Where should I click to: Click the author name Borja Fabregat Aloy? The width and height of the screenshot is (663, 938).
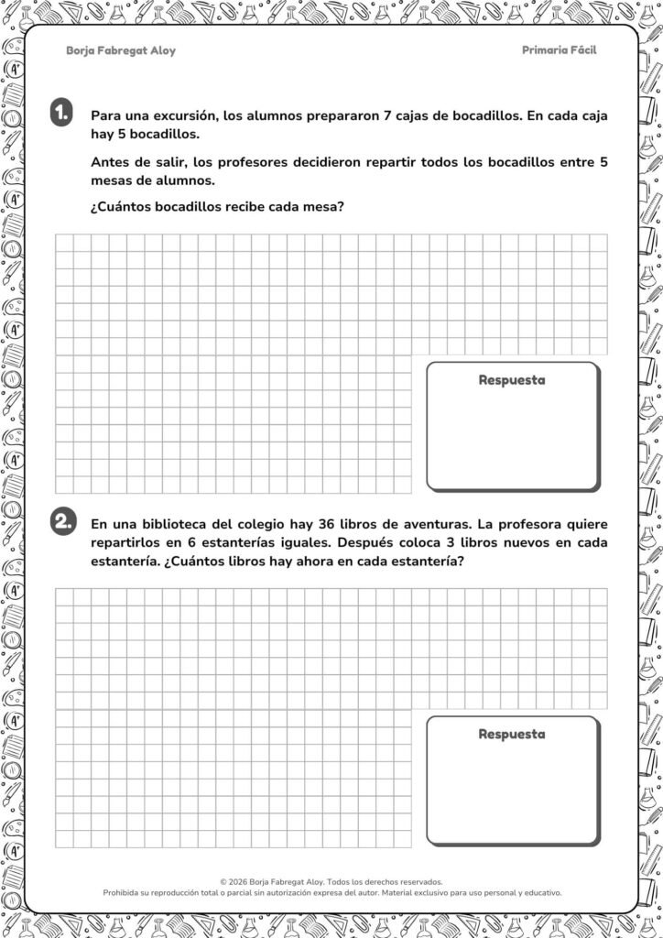pyautogui.click(x=121, y=51)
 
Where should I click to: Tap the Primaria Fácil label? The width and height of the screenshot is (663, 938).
pyautogui.click(x=559, y=50)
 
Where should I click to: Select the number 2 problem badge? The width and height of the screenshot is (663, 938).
pyautogui.click(x=62, y=521)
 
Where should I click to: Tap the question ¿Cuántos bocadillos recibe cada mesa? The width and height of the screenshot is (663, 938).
pyautogui.click(x=216, y=206)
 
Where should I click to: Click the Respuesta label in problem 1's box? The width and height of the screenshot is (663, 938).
pyautogui.click(x=511, y=380)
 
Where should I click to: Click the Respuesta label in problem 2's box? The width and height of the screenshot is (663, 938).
pyautogui.click(x=511, y=734)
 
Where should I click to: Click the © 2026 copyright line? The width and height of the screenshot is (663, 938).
pyautogui.click(x=331, y=880)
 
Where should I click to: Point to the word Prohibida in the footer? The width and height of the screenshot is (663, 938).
pyautogui.click(x=125, y=892)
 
